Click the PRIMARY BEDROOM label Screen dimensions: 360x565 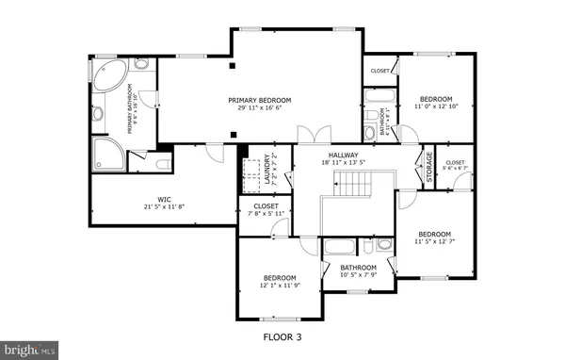pos(259,100)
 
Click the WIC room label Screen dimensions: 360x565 pos(164,199)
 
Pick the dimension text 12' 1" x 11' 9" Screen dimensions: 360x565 pos(281,286)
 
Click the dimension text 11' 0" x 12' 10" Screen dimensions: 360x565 pos(436,106)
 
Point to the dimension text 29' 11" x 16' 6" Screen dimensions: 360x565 pos(259,108)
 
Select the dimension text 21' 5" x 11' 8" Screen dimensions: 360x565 pos(164,206)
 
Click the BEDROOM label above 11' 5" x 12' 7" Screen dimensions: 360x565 pos(435,234)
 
